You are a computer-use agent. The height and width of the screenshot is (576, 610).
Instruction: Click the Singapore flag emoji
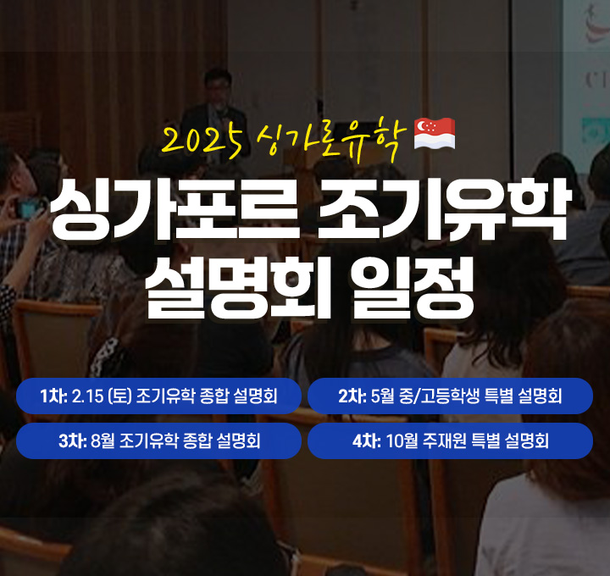pos(434,134)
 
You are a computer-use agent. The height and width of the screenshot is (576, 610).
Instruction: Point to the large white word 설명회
pos(238,287)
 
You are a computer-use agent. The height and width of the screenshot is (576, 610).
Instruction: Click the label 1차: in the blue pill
pos(53,396)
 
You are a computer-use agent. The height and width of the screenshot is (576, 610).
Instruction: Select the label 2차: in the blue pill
pos(352,396)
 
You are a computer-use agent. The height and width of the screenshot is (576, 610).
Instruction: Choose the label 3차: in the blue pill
pos(73,441)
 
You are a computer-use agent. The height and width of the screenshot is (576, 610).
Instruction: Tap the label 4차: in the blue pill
pos(367,441)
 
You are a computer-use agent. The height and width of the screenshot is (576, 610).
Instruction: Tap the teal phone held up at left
pos(29,209)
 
